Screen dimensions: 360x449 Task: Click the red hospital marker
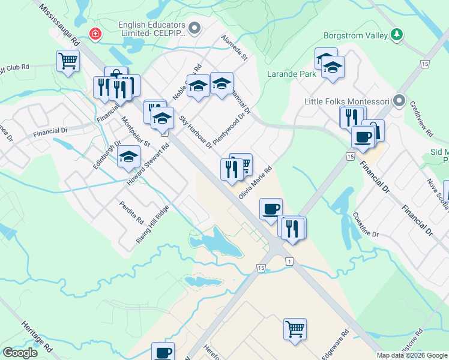pos(94,34)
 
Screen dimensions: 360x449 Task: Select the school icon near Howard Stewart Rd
pos(128,157)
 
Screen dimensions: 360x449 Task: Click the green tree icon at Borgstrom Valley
pos(396,35)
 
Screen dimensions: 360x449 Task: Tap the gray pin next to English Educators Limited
pos(194,28)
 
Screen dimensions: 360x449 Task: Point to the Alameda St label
pos(234,48)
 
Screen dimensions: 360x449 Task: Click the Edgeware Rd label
pos(337,344)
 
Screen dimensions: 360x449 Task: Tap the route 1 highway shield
pos(290,262)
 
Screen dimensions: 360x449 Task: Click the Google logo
pos(20,352)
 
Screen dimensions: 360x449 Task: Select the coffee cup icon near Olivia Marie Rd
pos(271,208)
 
